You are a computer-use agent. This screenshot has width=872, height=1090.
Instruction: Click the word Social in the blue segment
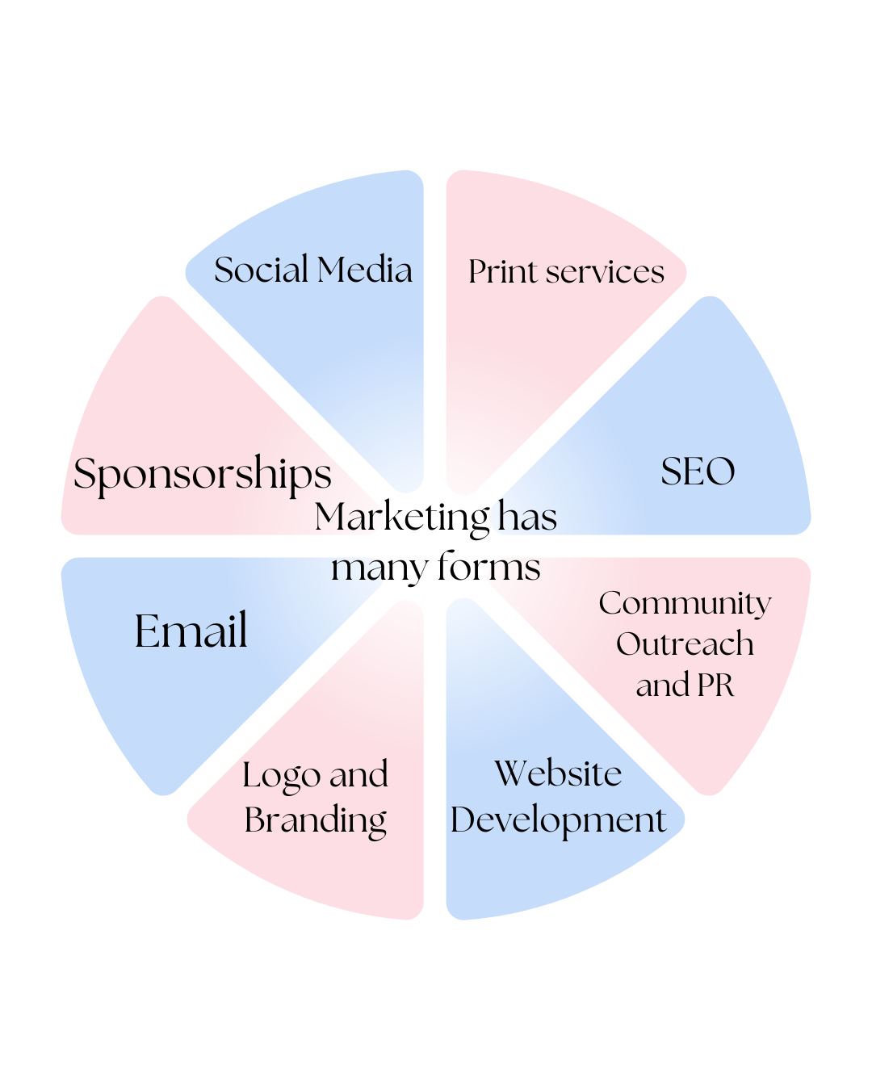(x=261, y=270)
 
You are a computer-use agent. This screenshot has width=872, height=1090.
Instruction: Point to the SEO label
(x=698, y=472)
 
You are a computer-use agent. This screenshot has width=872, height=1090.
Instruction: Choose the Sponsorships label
(x=202, y=474)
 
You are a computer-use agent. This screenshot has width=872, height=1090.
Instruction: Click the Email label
(x=191, y=631)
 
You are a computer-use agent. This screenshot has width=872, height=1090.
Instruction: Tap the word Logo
(x=281, y=776)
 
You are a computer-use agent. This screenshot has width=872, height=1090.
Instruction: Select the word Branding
(x=315, y=820)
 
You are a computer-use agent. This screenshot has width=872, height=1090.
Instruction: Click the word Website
(x=558, y=773)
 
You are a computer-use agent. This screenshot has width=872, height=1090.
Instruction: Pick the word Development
(x=558, y=820)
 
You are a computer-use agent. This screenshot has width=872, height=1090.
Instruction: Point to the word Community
(x=685, y=603)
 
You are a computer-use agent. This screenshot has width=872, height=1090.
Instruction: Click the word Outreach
(x=685, y=644)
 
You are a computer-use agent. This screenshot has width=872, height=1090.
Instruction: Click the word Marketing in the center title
(x=401, y=518)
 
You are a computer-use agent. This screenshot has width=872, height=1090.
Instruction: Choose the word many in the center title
(x=379, y=568)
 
